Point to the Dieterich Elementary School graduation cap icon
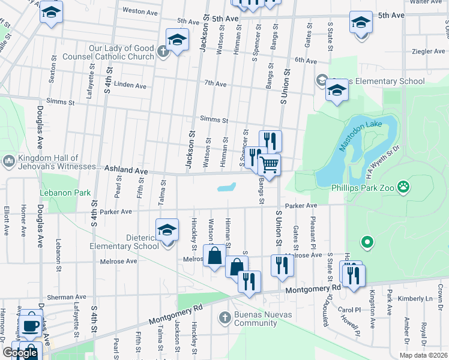click(x=167, y=229)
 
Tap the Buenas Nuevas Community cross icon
click(x=224, y=317)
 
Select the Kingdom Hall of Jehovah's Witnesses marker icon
click(x=8, y=161)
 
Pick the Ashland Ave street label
click(x=126, y=171)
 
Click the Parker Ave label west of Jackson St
click(x=116, y=212)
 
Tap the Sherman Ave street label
click(x=67, y=297)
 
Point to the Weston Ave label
click(x=139, y=11)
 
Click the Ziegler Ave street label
click(x=429, y=52)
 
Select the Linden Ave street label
click(x=130, y=86)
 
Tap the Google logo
click(x=20, y=353)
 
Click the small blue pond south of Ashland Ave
click(x=226, y=187)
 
